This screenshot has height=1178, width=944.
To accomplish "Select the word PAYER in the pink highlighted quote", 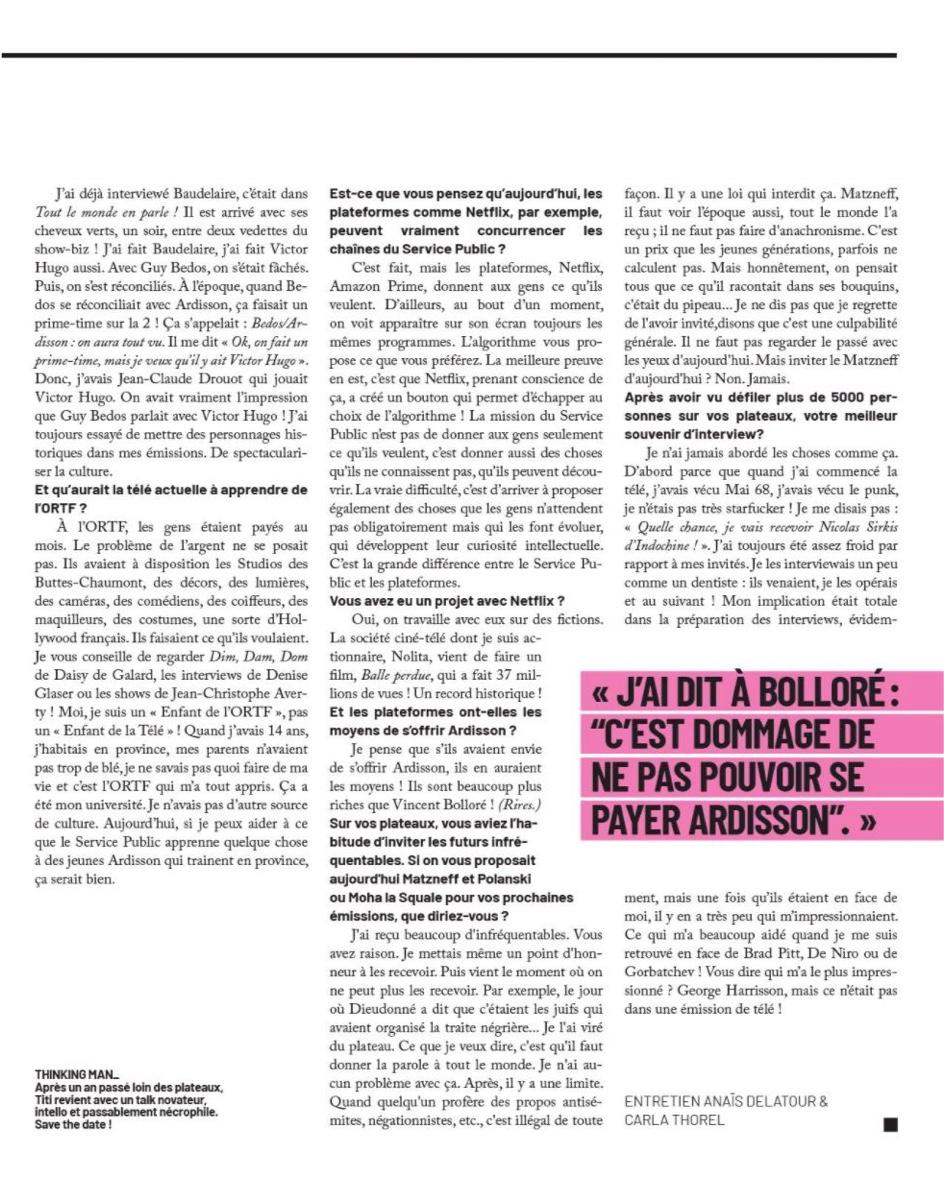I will tap(639, 819).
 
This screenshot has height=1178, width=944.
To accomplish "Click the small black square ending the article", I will tap(890, 1124).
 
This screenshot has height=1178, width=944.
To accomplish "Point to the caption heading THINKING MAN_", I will tap(76, 1075).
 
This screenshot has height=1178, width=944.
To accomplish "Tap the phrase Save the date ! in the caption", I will tap(73, 1123).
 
